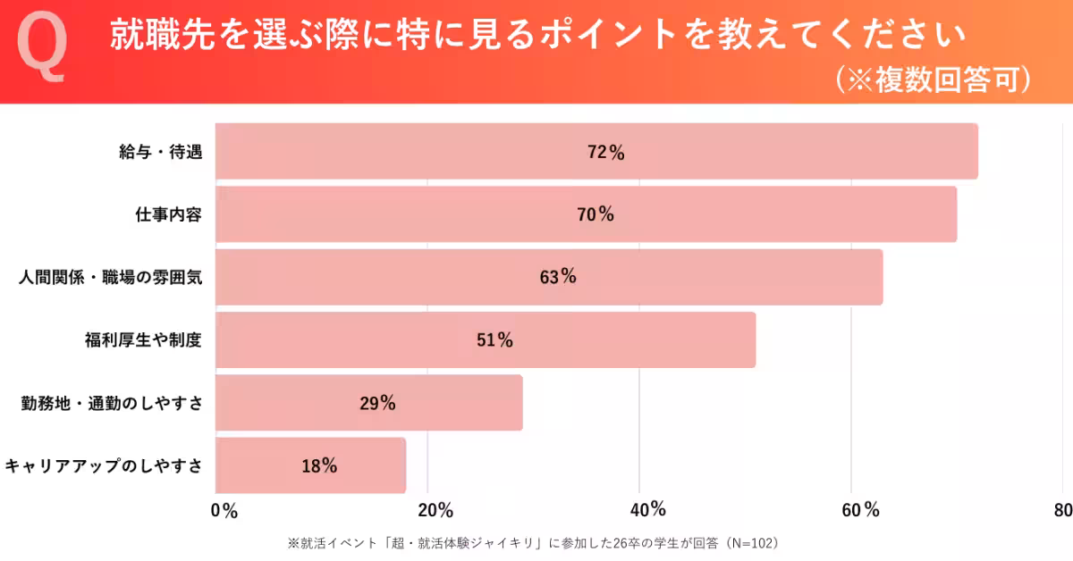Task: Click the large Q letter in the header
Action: point(42,51)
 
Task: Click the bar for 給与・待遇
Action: point(596,152)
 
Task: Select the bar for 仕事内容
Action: point(586,214)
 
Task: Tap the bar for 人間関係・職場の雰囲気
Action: point(549,277)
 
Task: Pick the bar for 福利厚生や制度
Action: point(486,340)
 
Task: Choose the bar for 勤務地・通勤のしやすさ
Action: point(369,403)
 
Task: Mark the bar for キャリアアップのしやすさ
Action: point(311,465)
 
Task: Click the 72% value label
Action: point(605,153)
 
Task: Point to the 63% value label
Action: point(558,278)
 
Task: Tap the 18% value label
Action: point(318,466)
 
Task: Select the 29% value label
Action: point(377,404)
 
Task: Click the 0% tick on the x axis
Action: point(224,511)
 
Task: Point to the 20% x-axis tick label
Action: point(435,511)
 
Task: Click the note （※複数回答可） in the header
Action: point(934,80)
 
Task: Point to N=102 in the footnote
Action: point(749,542)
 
